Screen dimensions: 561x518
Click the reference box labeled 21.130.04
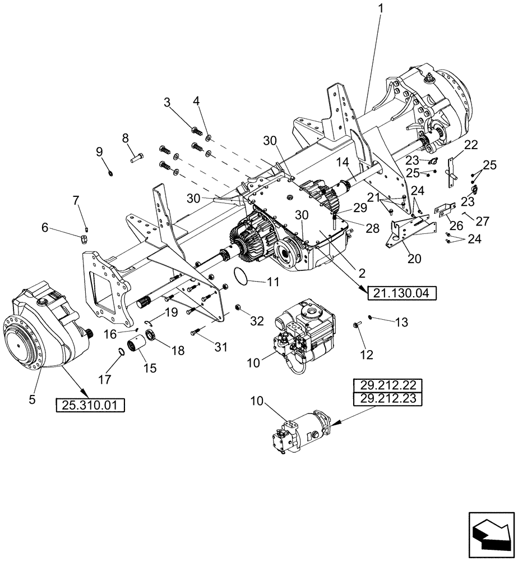pyautogui.click(x=401, y=292)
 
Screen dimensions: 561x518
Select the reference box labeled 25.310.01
pyautogui.click(x=90, y=404)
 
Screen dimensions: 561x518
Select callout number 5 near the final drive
pyautogui.click(x=32, y=399)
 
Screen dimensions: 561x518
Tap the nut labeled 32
pyautogui.click(x=237, y=307)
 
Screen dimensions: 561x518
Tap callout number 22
pyautogui.click(x=470, y=145)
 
